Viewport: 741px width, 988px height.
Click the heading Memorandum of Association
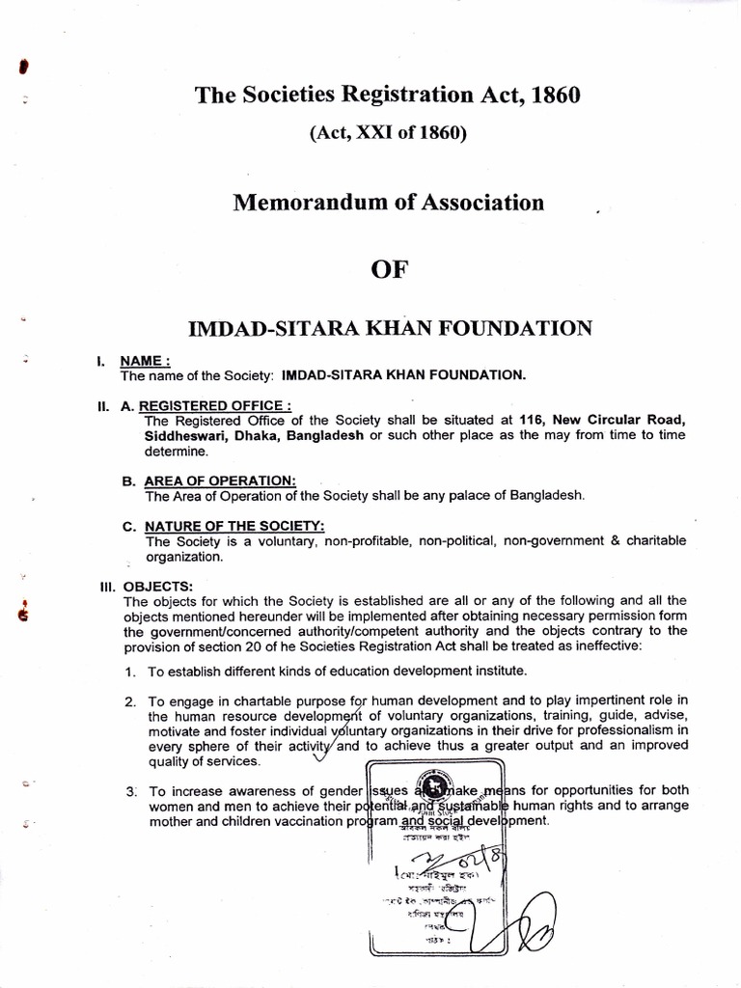[388, 203]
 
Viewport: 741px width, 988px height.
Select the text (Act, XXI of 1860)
[388, 134]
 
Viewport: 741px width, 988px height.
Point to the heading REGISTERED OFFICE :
[217, 406]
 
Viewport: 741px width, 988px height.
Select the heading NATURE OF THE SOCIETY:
[234, 526]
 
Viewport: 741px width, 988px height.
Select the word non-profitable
[394, 541]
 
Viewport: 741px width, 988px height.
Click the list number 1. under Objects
[129, 671]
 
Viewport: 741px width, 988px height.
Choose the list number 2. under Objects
[129, 700]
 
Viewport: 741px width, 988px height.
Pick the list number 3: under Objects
[129, 791]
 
